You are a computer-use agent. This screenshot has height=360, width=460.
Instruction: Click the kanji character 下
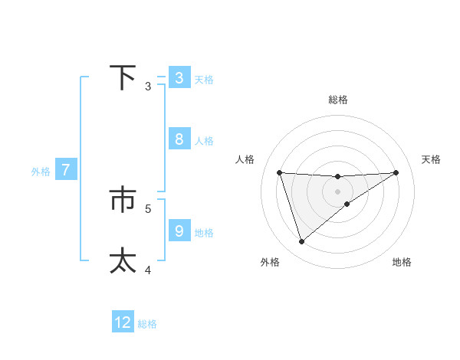click(x=123, y=77)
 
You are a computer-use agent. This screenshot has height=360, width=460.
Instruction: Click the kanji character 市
click(x=123, y=200)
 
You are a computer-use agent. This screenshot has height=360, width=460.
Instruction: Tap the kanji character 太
click(x=123, y=260)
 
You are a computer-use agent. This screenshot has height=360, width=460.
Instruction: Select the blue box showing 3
click(x=179, y=78)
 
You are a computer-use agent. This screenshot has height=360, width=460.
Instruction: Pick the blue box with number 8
click(x=179, y=139)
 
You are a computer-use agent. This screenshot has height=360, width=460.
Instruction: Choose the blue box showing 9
click(x=179, y=231)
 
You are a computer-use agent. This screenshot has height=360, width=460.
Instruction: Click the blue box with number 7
click(x=66, y=170)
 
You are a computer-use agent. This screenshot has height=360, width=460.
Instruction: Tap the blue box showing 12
click(x=123, y=322)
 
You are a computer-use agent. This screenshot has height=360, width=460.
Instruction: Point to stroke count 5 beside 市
click(x=149, y=208)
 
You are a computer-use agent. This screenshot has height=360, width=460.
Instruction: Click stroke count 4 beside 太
click(x=149, y=270)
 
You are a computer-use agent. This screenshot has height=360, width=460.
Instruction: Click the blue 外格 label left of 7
click(x=41, y=172)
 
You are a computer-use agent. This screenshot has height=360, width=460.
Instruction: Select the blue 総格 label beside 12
click(x=147, y=324)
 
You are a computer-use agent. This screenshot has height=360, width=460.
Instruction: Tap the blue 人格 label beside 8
click(x=204, y=141)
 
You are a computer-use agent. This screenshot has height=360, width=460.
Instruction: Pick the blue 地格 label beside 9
click(x=204, y=232)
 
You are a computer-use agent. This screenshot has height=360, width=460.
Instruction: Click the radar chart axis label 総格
click(x=338, y=100)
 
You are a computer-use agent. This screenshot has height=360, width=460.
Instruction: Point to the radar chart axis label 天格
click(x=432, y=159)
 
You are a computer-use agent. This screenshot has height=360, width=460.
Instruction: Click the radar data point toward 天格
click(x=396, y=172)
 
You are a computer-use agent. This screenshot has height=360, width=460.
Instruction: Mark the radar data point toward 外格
click(x=301, y=241)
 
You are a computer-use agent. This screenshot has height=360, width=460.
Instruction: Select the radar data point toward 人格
click(x=279, y=172)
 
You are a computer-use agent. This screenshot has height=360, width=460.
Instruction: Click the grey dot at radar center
click(x=337, y=191)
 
